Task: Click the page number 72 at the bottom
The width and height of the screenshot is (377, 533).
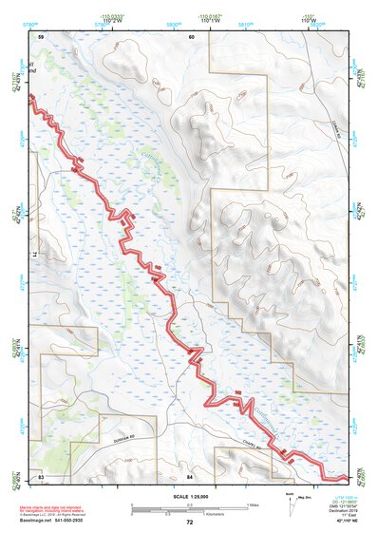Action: coord(189,523)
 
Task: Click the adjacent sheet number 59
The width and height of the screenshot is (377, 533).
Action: coord(41,36)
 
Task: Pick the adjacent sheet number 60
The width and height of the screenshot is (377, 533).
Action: coord(191,36)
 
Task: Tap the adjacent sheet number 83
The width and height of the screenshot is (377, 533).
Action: coord(41,475)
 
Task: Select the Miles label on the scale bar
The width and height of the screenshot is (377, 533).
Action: coord(251,504)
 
